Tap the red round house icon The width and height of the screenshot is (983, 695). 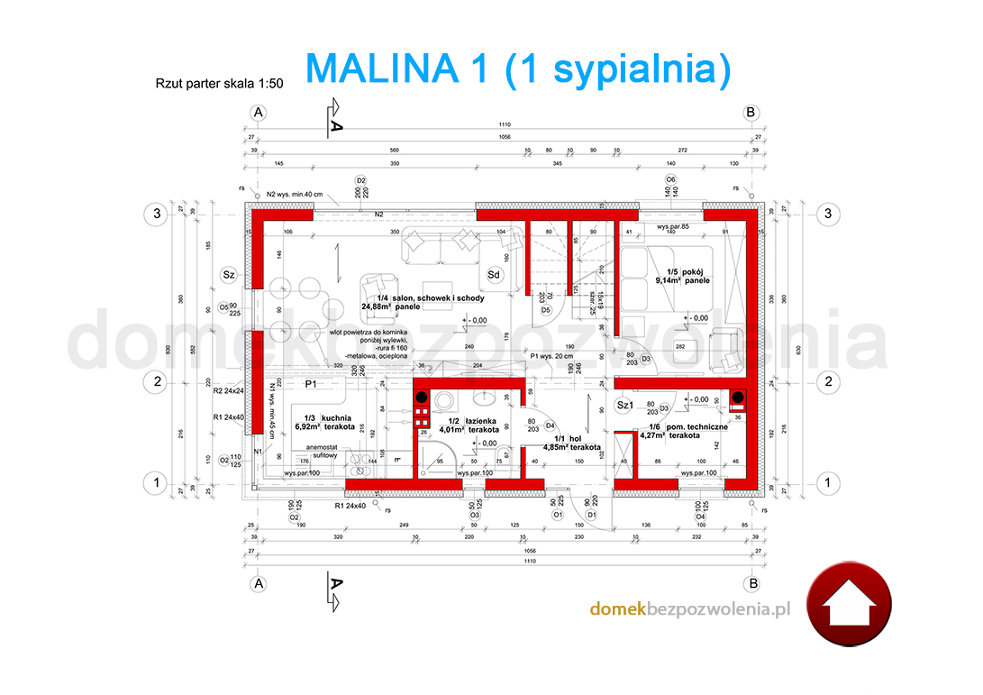(848, 608)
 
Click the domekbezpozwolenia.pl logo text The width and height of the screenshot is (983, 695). (689, 609)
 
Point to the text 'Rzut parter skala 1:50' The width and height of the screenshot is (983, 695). (220, 83)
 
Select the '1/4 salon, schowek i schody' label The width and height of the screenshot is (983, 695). (432, 303)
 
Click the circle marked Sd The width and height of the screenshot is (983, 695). (494, 274)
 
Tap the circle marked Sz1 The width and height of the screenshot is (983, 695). (623, 406)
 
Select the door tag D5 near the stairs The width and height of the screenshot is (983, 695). (546, 310)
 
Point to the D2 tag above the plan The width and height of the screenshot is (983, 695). (360, 180)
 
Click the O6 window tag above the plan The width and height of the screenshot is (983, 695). (671, 179)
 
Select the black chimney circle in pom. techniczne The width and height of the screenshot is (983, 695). (736, 398)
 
